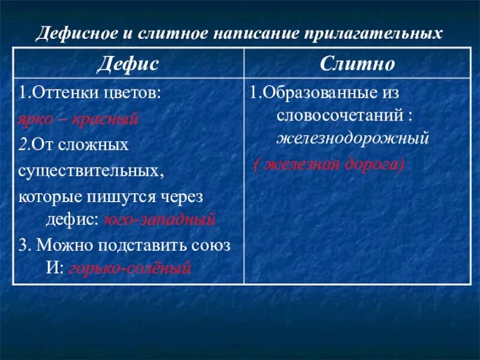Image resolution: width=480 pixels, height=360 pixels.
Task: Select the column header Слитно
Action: coord(357,63)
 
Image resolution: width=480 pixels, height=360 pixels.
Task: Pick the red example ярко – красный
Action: coord(78,119)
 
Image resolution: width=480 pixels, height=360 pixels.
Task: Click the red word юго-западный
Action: coord(160,220)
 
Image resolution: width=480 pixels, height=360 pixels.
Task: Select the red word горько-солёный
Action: coord(130,268)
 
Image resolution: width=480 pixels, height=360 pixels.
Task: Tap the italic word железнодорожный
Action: coord(353,139)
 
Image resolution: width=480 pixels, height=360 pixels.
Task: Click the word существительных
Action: coord(91,171)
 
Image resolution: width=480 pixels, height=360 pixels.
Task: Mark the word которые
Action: coord(48,196)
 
